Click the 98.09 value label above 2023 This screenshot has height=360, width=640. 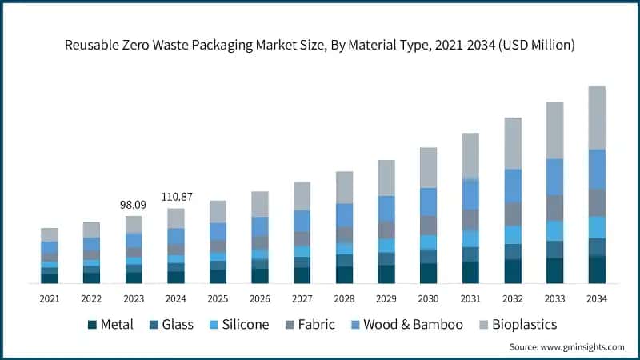134,205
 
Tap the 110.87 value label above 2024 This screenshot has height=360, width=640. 176,197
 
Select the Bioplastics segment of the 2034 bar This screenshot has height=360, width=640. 597,118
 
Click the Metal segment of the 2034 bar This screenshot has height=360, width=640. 597,270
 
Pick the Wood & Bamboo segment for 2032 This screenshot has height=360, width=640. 513,186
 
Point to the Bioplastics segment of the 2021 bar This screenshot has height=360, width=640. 50,234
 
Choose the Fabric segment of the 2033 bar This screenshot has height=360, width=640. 554,208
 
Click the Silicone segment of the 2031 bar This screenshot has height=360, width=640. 470,238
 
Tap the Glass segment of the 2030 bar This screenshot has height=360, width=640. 429,256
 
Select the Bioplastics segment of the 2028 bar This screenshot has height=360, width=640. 345,187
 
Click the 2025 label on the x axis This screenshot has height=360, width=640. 218,299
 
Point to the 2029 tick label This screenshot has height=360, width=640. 386,299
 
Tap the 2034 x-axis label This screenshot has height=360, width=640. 597,299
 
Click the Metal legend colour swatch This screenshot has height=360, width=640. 92,325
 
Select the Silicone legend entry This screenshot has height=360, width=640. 240,325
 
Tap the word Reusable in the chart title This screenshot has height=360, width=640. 93,46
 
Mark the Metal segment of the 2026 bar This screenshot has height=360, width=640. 260,276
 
